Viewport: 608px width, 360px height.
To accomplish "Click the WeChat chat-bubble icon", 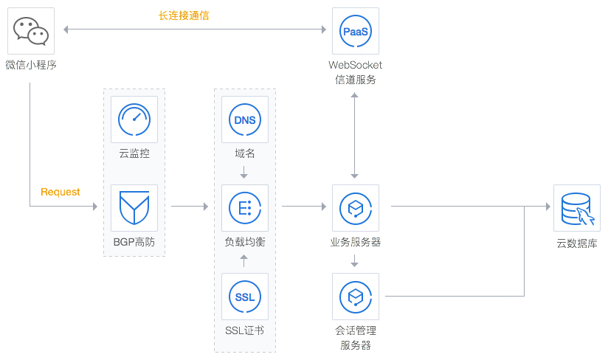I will click(x=31, y=30).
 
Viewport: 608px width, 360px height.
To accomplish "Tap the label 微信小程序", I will click(x=31, y=64).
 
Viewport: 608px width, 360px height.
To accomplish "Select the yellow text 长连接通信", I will click(x=184, y=15).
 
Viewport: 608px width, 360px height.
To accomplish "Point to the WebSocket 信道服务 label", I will click(x=356, y=72).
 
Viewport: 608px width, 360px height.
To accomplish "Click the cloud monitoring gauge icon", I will click(x=134, y=119).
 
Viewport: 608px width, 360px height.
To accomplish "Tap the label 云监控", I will click(x=134, y=153).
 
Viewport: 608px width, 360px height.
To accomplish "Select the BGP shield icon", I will click(x=134, y=207).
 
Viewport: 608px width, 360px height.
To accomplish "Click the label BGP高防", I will click(x=134, y=241).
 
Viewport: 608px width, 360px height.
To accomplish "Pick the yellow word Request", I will click(x=61, y=192).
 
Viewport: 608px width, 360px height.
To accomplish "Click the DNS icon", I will click(x=244, y=119).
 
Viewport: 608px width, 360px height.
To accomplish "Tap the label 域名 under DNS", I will click(x=244, y=153).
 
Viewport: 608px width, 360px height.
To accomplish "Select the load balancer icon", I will click(x=244, y=207).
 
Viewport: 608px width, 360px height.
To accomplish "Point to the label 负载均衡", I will click(x=244, y=241).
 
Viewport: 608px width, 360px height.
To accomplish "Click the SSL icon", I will click(x=244, y=296).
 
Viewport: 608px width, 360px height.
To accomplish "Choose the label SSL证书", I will click(x=244, y=330).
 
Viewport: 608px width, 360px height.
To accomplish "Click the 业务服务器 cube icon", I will click(x=356, y=207).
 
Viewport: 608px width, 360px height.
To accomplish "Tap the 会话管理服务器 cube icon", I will click(x=356, y=296).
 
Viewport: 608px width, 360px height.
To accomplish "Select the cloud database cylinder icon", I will click(x=576, y=207).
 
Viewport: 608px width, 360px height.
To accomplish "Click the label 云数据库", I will click(x=576, y=242).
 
